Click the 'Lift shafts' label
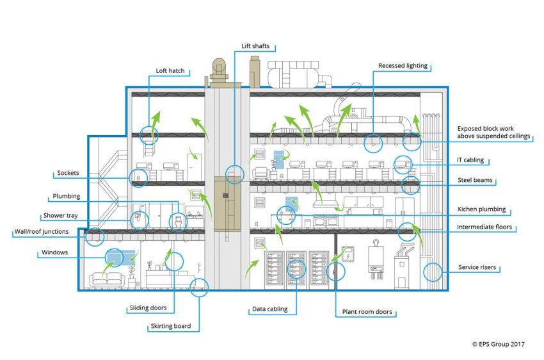(x=255, y=46)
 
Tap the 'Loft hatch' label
(x=170, y=71)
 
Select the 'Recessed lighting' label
(x=403, y=65)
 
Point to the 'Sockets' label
(x=68, y=173)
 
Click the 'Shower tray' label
(x=60, y=216)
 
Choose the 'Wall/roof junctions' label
(x=42, y=231)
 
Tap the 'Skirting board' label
(x=171, y=326)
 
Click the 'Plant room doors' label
(x=367, y=312)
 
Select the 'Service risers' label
(x=477, y=267)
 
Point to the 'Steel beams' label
(x=475, y=180)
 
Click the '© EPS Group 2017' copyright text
(x=498, y=345)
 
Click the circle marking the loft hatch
(x=149, y=126)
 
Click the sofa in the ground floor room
(x=106, y=279)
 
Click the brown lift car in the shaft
(x=228, y=204)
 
